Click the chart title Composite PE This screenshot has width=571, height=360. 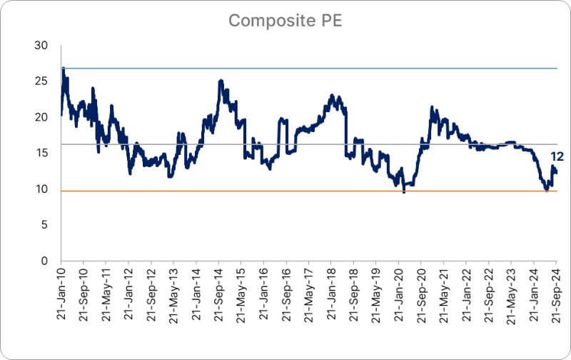[285, 21]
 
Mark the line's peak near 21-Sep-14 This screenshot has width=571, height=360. [221, 81]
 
